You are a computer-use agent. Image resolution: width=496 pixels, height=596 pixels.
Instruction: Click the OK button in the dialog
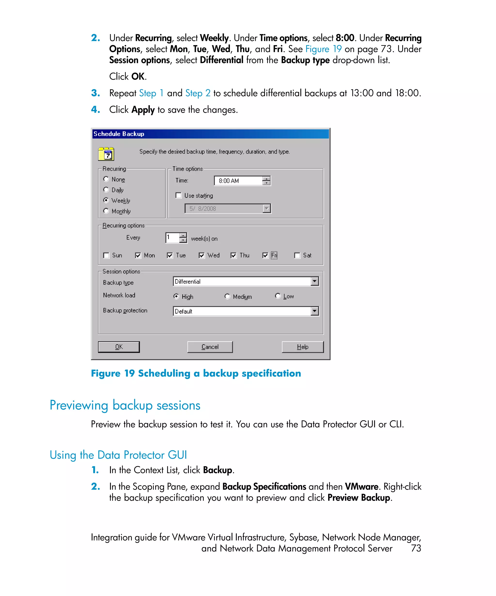118,347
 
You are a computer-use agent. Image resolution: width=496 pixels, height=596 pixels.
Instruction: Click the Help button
302,347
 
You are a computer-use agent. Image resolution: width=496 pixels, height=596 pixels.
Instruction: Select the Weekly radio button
106,200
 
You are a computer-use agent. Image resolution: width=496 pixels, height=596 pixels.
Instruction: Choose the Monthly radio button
106,211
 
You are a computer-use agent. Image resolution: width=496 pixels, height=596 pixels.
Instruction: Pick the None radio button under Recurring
106,179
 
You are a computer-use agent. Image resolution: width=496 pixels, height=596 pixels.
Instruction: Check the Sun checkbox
106,255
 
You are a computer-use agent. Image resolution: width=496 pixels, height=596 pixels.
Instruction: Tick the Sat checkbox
297,255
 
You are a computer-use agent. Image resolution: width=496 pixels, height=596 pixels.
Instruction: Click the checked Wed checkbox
201,255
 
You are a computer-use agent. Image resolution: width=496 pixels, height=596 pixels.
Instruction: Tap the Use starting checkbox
178,195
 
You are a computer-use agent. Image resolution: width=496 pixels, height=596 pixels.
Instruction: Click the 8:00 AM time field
238,181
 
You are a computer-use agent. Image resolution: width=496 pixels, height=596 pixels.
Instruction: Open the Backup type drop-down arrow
315,281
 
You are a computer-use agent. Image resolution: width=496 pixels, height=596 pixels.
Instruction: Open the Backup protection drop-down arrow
315,311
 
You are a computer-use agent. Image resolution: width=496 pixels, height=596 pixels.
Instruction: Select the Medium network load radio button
227,296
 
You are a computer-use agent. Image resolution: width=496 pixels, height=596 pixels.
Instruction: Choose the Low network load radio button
278,296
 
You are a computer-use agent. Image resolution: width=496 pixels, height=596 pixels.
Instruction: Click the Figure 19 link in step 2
323,49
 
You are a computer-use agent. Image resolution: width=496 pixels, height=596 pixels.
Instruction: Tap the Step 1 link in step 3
151,93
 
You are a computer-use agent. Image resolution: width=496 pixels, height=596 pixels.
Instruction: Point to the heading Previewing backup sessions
125,405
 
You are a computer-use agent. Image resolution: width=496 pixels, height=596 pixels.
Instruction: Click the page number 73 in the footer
416,548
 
